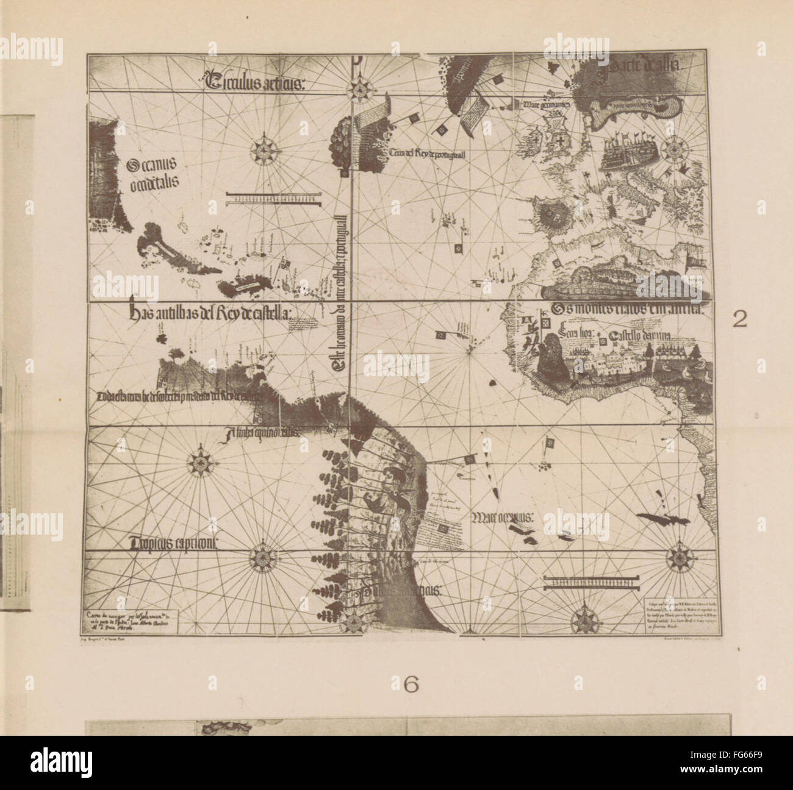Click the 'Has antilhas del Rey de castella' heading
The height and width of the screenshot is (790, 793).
tap(210, 314)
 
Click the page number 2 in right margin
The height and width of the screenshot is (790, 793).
tap(739, 321)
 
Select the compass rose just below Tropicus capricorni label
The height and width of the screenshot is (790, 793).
tap(263, 556)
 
